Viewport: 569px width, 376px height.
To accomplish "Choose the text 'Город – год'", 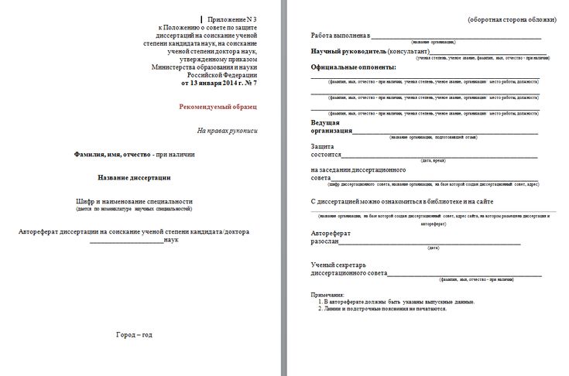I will pos(134,335).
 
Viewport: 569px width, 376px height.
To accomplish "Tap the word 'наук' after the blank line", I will pos(171,240).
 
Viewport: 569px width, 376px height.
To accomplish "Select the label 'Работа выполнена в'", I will pos(341,36).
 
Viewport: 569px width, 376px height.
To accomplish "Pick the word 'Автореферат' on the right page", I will pos(331,233).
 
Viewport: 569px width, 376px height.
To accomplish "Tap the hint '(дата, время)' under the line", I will pos(434,160).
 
